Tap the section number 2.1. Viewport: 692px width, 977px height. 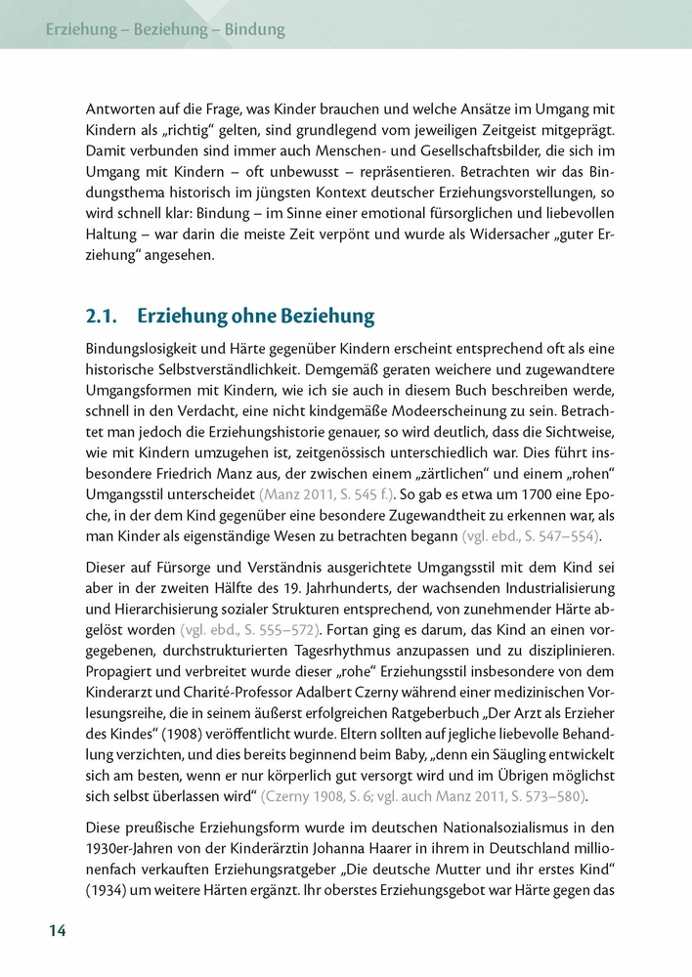103,316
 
